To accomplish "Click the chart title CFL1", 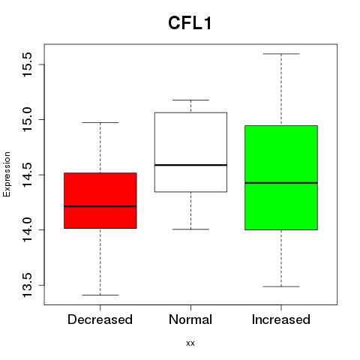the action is tap(190, 23).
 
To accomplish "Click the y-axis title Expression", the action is tap(7, 174).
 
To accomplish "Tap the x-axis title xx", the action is tap(190, 343).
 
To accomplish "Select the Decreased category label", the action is tap(100, 319).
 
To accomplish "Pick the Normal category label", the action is tap(190, 319).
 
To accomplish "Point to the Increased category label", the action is tap(281, 319).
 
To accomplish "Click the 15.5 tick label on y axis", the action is tap(27, 64).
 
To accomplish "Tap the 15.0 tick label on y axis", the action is tap(27, 119).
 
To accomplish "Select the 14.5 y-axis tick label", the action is tap(27, 175).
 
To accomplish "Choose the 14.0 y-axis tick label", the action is tap(27, 229).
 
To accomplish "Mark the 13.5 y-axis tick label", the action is tap(27, 285).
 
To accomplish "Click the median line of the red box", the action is tap(100, 206).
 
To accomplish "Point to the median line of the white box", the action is tap(190, 165).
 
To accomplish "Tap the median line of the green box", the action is tap(281, 183).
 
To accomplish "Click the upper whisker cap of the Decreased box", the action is tap(100, 122).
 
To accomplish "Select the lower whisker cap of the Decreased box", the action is tap(100, 295).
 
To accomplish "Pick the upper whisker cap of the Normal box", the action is tap(190, 100).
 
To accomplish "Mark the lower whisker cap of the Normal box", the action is tap(190, 229).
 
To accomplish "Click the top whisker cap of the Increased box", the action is tap(281, 54).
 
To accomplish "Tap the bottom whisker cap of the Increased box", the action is tap(281, 286).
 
